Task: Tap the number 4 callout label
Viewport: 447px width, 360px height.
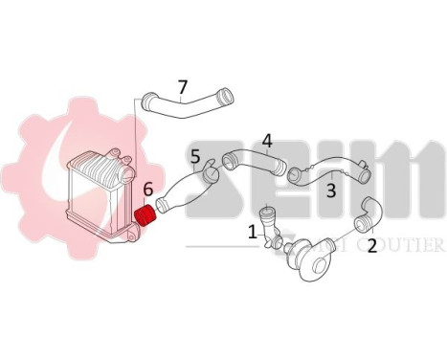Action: pyautogui.click(x=267, y=141)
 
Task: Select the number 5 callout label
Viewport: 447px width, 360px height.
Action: pyautogui.click(x=195, y=156)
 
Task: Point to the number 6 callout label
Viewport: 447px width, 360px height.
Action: pyautogui.click(x=148, y=191)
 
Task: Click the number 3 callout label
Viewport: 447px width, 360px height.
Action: pyautogui.click(x=330, y=191)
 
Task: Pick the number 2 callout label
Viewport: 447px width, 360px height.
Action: pyautogui.click(x=371, y=245)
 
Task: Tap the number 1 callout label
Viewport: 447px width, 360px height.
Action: pyautogui.click(x=253, y=231)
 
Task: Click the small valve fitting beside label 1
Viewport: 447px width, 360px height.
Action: pyautogui.click(x=269, y=227)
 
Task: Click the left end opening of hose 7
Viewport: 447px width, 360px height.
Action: pyautogui.click(x=148, y=99)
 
